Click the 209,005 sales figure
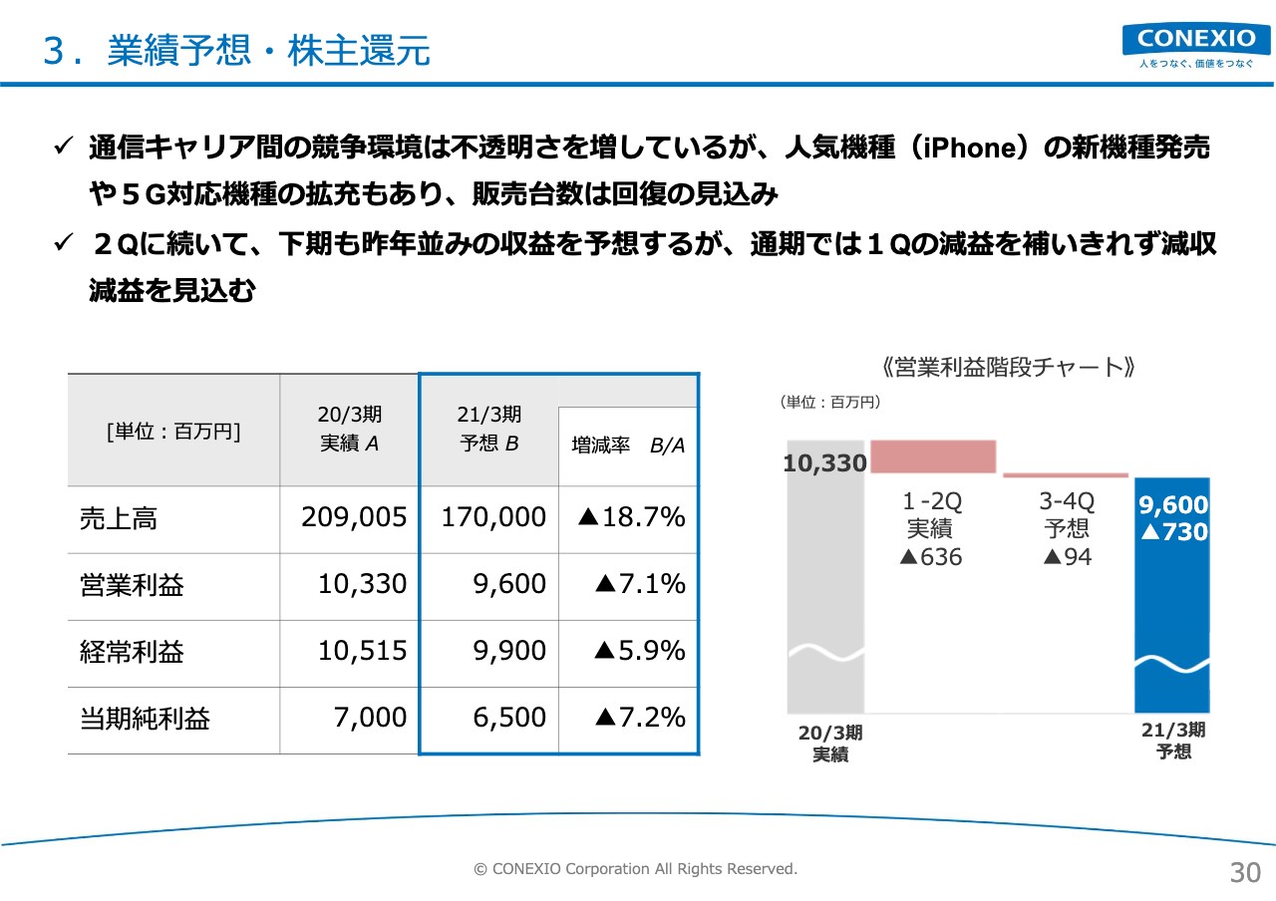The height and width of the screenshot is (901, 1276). point(354,517)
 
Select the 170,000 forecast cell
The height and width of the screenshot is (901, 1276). point(493,517)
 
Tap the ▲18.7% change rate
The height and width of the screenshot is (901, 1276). point(631,517)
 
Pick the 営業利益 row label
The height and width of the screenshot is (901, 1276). point(132,585)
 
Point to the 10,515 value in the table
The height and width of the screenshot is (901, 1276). point(362,651)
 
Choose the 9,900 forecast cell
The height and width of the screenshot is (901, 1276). point(509,651)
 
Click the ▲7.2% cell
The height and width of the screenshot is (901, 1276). point(640,717)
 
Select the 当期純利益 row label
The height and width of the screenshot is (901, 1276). point(145,719)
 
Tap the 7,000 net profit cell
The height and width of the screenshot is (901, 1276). point(370,718)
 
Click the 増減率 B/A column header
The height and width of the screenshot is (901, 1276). point(628,446)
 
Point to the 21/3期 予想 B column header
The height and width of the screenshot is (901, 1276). point(489,429)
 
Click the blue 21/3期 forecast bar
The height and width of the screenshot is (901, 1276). point(1172,595)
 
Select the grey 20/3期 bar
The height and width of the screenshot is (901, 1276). point(825,576)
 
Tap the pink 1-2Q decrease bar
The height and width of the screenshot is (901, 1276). point(933,456)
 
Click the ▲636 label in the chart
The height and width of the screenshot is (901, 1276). point(931,557)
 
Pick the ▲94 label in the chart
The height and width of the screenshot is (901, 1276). point(1068,557)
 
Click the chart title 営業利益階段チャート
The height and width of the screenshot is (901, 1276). point(1008,368)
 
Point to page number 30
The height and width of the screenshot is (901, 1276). point(1245,873)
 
